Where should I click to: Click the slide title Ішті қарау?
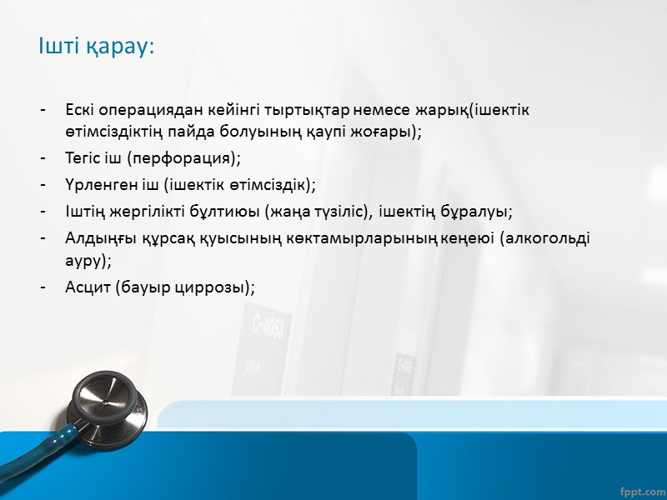(97, 47)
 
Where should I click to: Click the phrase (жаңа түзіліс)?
(318, 211)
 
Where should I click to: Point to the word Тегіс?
(83, 158)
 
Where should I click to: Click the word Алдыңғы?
(95, 238)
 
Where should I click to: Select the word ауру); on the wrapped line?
(88, 261)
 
